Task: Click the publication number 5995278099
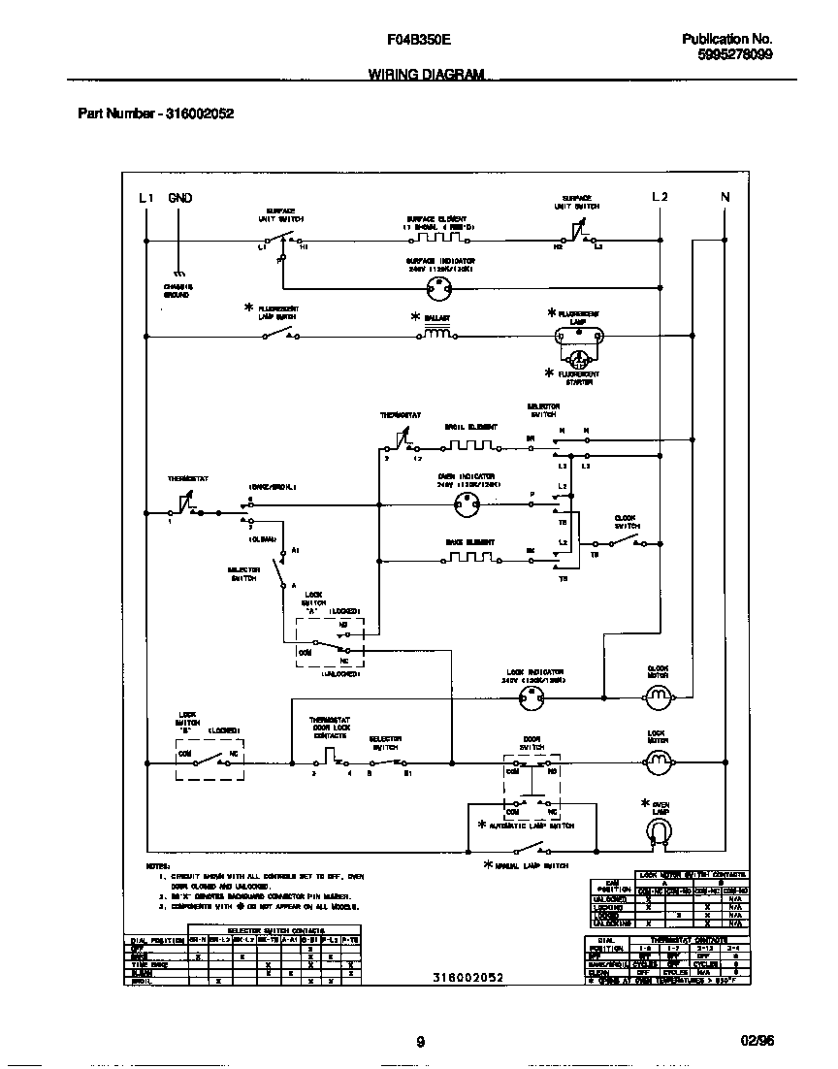[734, 55]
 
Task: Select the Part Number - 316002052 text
[155, 113]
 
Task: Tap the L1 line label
[145, 198]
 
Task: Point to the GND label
[180, 198]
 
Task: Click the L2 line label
[660, 198]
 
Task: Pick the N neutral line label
[724, 198]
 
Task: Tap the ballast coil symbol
[437, 335]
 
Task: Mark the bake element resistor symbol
[470, 560]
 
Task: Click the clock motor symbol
[659, 696]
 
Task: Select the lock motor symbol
[659, 762]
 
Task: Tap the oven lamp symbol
[659, 829]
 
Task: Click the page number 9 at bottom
[420, 1043]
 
